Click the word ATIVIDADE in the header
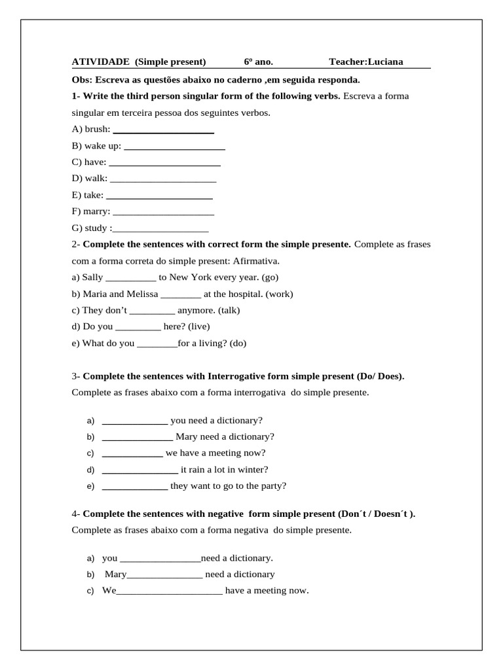101,62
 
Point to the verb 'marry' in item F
96,211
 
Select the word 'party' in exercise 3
270,486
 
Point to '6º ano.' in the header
258,62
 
